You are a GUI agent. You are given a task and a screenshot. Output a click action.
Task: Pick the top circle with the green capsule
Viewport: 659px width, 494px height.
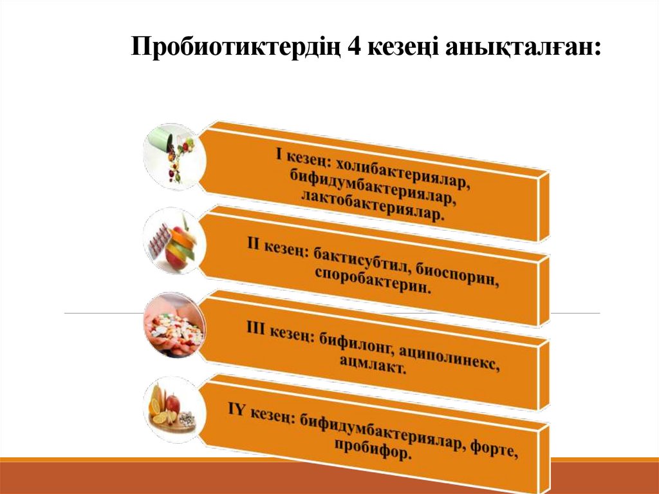click(x=170, y=155)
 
